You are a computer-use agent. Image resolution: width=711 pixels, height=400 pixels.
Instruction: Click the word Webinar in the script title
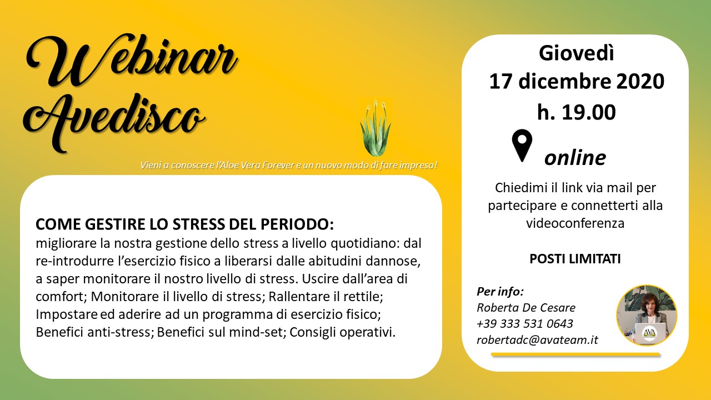click(x=132, y=61)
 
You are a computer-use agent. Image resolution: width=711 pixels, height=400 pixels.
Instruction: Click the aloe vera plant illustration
click(x=375, y=128)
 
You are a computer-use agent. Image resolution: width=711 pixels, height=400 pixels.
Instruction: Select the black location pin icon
click(x=522, y=146)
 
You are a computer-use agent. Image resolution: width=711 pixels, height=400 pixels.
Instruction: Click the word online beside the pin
click(x=575, y=158)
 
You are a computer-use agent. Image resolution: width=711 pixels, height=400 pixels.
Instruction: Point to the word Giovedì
click(x=577, y=53)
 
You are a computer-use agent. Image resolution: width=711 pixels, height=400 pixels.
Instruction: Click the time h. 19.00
click(x=577, y=112)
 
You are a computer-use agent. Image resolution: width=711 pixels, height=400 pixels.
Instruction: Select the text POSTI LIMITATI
click(x=575, y=259)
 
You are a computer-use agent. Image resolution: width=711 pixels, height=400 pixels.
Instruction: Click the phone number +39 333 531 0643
click(x=525, y=323)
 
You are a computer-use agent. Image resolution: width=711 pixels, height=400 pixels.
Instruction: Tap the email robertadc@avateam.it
click(x=537, y=340)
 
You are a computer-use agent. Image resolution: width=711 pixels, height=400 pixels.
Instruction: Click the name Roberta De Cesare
click(x=526, y=307)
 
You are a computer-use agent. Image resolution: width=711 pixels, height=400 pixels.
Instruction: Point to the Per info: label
click(x=500, y=292)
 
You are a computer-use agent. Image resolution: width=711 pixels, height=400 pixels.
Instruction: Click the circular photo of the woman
click(x=647, y=315)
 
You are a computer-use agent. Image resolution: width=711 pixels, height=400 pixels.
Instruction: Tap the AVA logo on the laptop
click(x=649, y=333)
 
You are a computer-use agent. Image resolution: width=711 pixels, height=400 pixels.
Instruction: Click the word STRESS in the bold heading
click(x=198, y=224)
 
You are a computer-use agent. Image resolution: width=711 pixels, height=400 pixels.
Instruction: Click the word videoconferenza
click(x=575, y=223)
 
